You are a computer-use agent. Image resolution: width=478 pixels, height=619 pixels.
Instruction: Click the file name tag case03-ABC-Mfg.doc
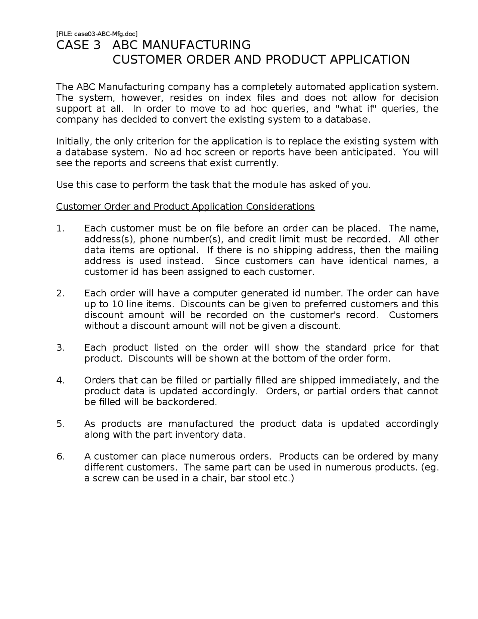coord(97,34)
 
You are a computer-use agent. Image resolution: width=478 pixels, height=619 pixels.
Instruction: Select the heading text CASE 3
coord(78,45)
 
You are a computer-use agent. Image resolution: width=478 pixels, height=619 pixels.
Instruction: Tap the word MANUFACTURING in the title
coord(181,45)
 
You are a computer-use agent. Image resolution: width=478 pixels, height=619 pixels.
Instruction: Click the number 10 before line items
coord(118,304)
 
